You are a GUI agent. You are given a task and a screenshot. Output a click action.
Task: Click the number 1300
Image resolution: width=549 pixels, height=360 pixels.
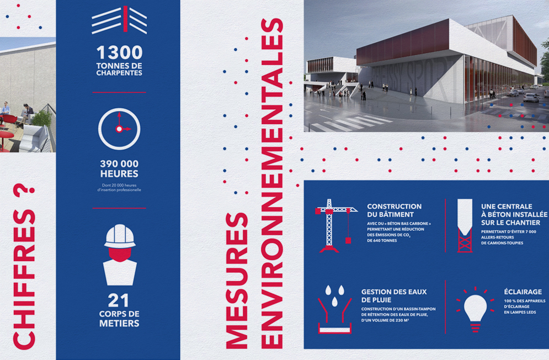coord(119,52)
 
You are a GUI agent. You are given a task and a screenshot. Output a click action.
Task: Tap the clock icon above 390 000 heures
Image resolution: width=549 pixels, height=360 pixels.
coord(119,109)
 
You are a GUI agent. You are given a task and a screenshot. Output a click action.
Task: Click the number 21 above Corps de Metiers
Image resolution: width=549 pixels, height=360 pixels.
coord(119,300)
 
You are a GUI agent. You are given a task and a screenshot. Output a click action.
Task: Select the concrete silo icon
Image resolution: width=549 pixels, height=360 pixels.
coord(465,225)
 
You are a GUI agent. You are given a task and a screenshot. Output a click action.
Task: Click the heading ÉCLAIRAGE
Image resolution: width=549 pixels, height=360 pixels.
coord(523,292)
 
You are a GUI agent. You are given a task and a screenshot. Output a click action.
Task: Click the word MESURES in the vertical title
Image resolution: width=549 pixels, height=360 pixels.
coord(237,280)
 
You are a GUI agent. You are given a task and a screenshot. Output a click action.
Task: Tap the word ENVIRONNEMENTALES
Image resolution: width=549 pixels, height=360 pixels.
coord(272,183)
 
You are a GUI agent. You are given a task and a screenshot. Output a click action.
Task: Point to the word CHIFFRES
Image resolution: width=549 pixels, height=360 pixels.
coord(24,279)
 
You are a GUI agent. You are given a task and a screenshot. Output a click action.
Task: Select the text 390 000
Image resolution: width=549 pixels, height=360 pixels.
coord(119,163)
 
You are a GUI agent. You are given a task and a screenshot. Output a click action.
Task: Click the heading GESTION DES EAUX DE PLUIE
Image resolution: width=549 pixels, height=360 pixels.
coord(394,296)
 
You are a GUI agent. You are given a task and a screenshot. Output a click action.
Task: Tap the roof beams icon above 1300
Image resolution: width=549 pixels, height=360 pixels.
coord(119,20)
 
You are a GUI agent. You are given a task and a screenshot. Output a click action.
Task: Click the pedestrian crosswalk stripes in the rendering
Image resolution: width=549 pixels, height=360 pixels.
coord(351,123)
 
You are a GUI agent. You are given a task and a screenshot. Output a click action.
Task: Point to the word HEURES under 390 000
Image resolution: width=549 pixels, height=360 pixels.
coord(119,174)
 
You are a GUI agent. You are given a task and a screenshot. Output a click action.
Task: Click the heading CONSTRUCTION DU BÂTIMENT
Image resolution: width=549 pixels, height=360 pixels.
coord(395,210)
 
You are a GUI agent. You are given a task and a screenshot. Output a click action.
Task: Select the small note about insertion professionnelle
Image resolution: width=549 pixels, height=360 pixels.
coord(119,188)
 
